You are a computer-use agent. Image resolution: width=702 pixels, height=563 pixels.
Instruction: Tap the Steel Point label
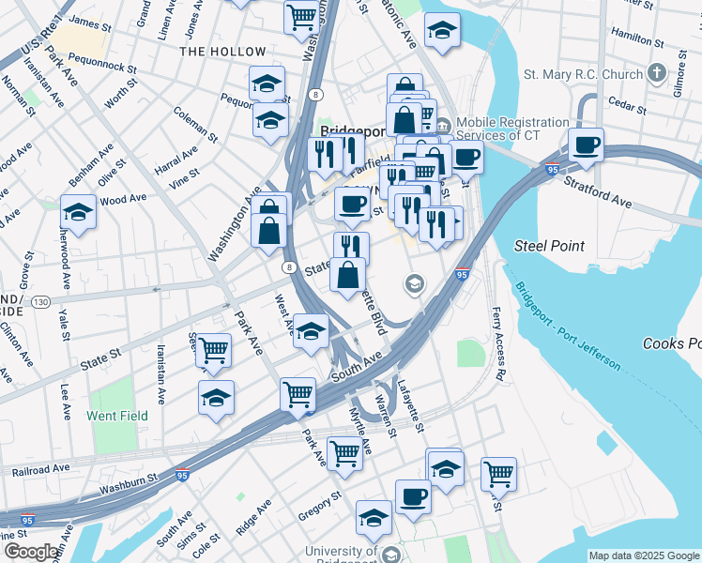[x=549, y=246]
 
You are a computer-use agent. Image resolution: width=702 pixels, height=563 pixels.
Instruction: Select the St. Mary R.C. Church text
[x=583, y=73]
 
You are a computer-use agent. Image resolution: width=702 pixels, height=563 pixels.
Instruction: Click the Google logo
[x=30, y=552]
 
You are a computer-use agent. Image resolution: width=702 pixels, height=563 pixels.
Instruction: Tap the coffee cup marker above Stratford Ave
[x=586, y=146]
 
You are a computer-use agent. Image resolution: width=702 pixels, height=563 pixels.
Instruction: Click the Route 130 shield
[x=40, y=302]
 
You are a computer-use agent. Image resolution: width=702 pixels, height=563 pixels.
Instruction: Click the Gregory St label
[x=320, y=506]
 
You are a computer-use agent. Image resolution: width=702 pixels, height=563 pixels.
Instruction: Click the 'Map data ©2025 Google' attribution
[x=644, y=555]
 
